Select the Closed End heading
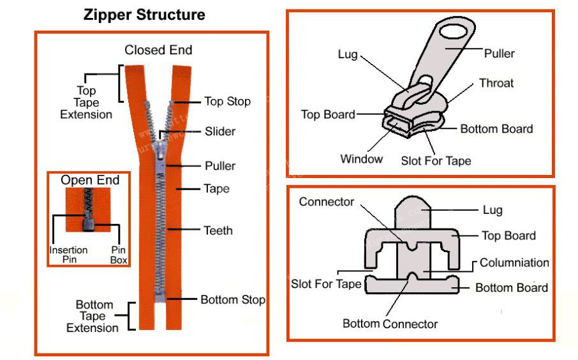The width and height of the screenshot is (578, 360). coord(158,50)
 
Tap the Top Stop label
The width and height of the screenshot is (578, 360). coord(227,101)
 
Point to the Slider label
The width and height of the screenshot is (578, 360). coord(219,131)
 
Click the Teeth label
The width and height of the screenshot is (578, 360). coord(218,230)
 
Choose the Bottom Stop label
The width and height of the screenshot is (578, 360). coord(232,299)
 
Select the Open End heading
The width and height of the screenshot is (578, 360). coord(90,181)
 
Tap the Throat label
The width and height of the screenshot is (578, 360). coord(496,83)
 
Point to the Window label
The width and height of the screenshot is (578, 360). coord(361,159)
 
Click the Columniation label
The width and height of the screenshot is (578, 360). coord(514,263)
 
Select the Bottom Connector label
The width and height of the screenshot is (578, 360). coord(390,324)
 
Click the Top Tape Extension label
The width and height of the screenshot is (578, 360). coord(86,103)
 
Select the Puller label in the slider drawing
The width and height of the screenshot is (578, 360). coord(499,54)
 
